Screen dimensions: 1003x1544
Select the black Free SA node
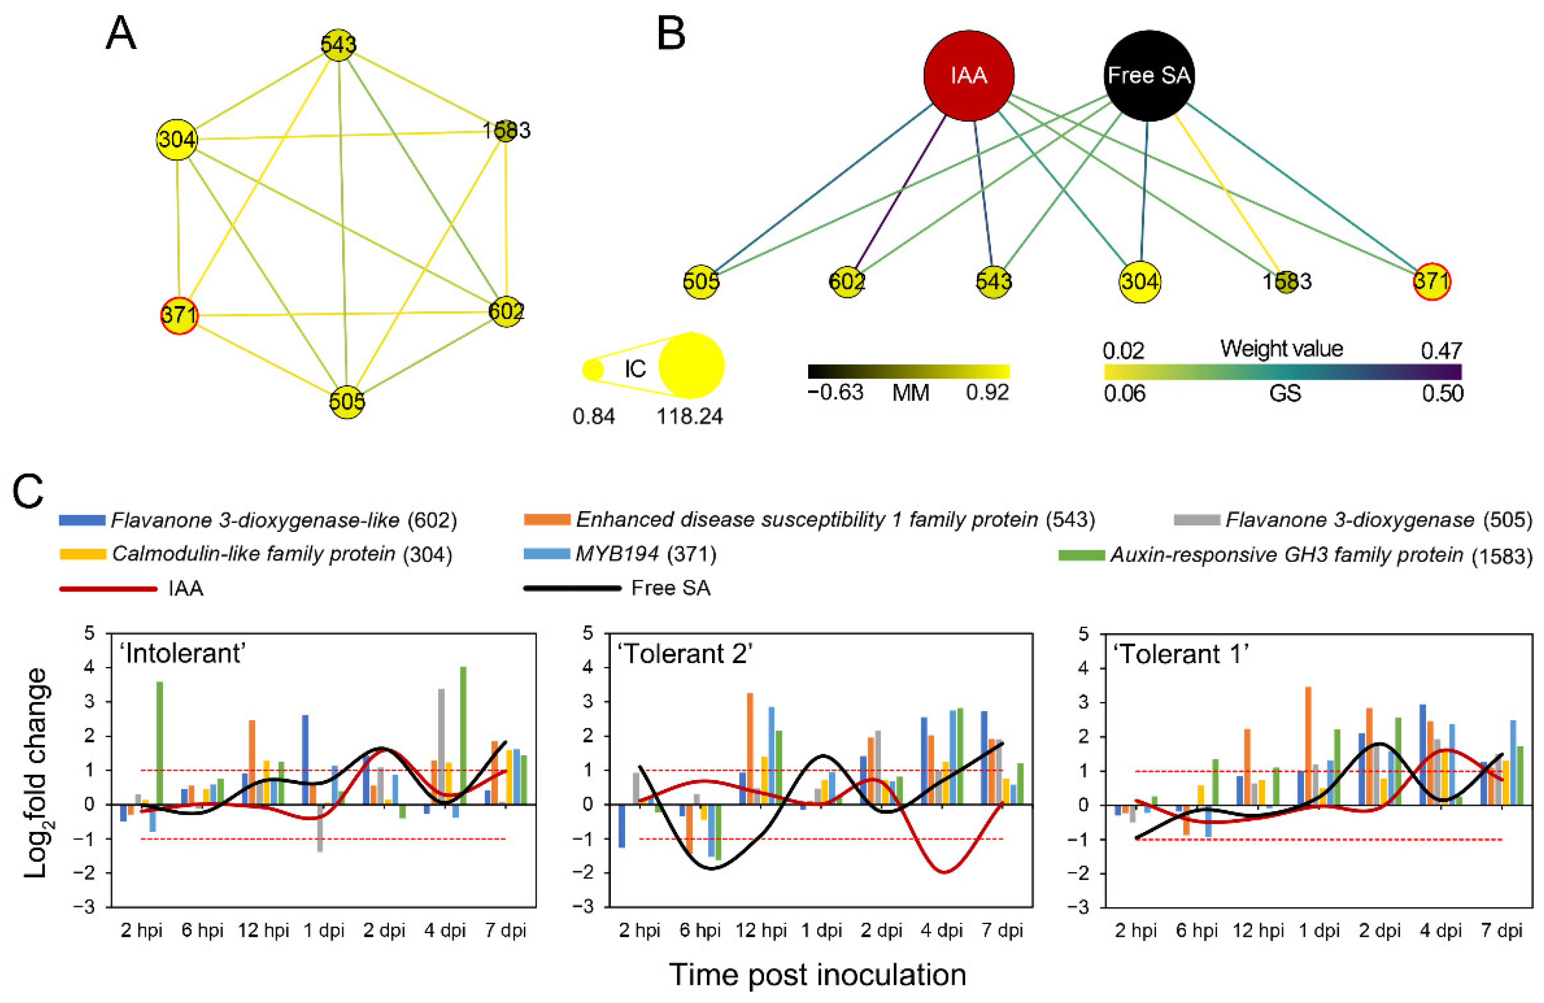(1148, 76)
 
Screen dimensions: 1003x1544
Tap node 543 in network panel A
(338, 45)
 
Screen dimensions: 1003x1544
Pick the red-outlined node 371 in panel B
(1431, 281)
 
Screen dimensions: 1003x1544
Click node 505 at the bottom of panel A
(347, 402)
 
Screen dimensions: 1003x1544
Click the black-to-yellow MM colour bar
(908, 371)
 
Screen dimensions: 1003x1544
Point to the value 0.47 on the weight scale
(1441, 351)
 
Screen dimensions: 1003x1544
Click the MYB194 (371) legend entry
(646, 554)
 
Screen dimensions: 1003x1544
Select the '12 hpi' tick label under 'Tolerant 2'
(760, 930)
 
